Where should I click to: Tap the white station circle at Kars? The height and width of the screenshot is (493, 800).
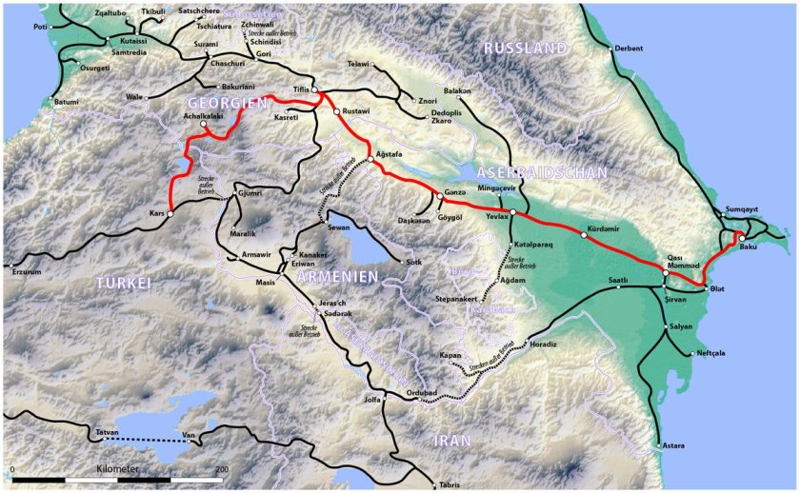coord(170,215)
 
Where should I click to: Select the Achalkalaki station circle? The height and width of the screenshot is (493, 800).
coord(203,124)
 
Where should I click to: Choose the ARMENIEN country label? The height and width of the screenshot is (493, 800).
coord(334,276)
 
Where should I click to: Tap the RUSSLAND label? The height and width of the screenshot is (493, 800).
coord(525,48)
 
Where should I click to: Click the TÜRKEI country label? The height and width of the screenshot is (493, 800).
coord(124,283)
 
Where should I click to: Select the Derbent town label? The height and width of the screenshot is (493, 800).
coord(629,49)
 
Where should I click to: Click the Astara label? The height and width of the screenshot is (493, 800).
coord(673,445)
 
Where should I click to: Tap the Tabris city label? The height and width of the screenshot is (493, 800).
coord(450,485)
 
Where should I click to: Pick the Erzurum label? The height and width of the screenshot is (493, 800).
coord(25,271)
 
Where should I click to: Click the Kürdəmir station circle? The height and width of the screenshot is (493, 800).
coord(583,234)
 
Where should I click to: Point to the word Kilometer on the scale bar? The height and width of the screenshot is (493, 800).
coord(117,469)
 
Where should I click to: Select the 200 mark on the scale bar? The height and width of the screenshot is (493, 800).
coord(221,469)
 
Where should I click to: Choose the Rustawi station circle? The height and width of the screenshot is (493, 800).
coord(336,111)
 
